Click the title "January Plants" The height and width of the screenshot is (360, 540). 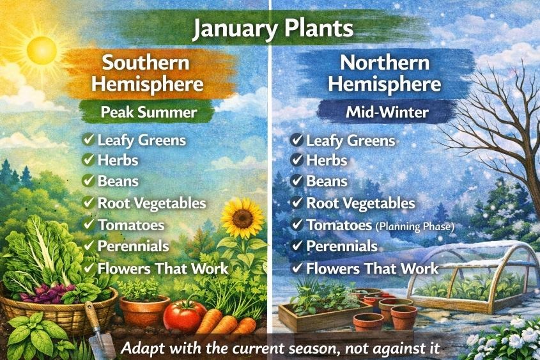click(x=272, y=29)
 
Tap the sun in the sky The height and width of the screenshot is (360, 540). click(x=42, y=49)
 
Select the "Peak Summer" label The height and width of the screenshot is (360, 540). click(x=148, y=113)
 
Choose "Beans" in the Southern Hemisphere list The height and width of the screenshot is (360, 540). click(x=118, y=181)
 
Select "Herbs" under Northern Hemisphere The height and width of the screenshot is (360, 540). click(x=327, y=160)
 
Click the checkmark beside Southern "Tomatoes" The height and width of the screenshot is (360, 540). click(x=88, y=225)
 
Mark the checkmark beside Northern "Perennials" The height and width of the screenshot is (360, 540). click(x=297, y=246)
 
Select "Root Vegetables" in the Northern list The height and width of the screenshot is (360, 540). click(x=360, y=203)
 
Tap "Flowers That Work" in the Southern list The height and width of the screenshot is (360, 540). click(x=162, y=268)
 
